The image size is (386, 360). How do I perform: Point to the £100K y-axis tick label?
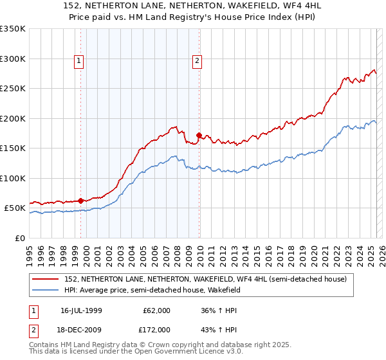click(13, 178)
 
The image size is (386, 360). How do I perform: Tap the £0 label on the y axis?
click(19, 238)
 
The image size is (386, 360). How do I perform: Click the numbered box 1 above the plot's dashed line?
click(78, 62)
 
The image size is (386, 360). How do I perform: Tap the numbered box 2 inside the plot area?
click(197, 62)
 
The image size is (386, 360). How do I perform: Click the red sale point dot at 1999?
click(81, 201)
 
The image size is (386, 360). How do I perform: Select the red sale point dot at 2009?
click(199, 136)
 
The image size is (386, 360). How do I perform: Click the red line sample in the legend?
click(46, 279)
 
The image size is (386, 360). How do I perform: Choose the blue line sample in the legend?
click(46, 290)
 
